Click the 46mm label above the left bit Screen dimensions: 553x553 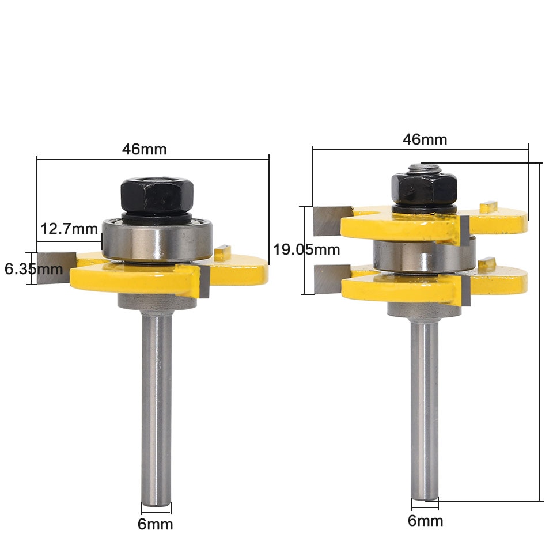[x=144, y=149]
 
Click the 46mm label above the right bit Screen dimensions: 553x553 [x=425, y=139]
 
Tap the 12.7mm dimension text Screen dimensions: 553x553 [x=69, y=229]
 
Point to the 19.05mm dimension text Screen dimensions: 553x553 [x=306, y=249]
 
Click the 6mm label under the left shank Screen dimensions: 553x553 [x=156, y=524]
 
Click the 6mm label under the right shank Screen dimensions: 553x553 [x=425, y=521]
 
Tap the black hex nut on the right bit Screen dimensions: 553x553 [x=424, y=186]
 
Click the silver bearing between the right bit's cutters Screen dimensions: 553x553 [x=423, y=253]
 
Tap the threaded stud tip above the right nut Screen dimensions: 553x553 [x=423, y=168]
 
